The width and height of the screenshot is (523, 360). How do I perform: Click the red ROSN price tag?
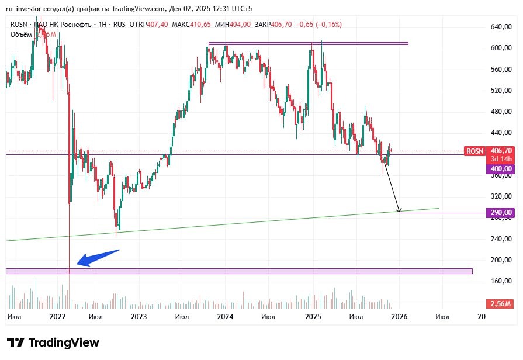coord(474,151)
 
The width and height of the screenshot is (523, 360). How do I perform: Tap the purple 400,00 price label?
coord(500,169)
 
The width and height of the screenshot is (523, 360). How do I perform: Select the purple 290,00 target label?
coord(500,213)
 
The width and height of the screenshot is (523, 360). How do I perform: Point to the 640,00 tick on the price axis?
coord(501,27)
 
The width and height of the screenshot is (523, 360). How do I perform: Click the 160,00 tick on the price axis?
coord(501,281)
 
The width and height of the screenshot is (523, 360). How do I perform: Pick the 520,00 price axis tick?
coord(501,91)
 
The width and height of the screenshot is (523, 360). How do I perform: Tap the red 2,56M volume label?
coord(500,304)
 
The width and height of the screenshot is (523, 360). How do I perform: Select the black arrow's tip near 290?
coord(399,211)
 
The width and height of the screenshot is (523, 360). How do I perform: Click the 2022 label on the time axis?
coord(57,317)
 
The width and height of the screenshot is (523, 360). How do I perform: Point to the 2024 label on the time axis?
coord(225,317)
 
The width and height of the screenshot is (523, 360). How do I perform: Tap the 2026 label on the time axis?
coord(399,317)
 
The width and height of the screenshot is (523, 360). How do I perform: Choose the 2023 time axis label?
coord(138,317)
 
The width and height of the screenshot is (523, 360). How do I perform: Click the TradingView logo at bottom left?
coord(53,342)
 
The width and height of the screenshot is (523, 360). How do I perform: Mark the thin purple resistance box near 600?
coord(308,43)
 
